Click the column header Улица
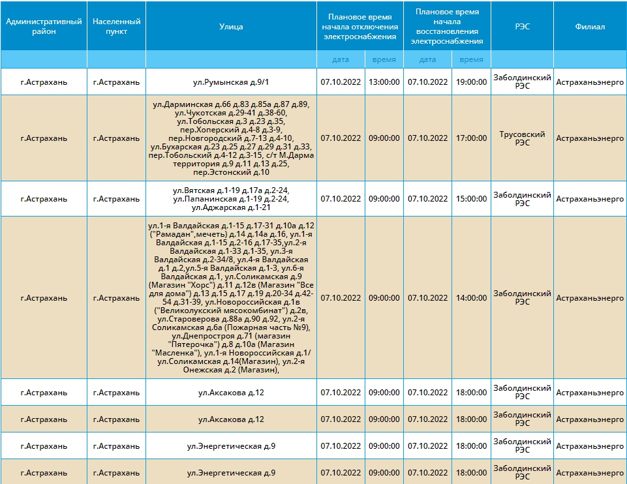pyautogui.click(x=231, y=27)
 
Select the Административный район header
pyautogui.click(x=44, y=26)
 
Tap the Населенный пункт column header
pyautogui.click(x=116, y=26)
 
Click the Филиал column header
pyautogui.click(x=590, y=27)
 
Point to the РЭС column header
pyautogui.click(x=522, y=27)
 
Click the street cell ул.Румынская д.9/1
pyautogui.click(x=231, y=82)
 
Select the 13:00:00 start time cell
pyautogui.click(x=384, y=82)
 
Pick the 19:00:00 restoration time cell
pyautogui.click(x=472, y=82)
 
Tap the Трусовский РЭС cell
pyautogui.click(x=522, y=138)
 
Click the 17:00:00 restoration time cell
pyautogui.click(x=472, y=138)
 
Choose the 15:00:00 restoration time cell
pyautogui.click(x=472, y=199)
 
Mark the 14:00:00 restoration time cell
pyautogui.click(x=472, y=297)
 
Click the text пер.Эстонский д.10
pyautogui.click(x=231, y=172)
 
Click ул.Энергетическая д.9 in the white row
pyautogui.click(x=231, y=446)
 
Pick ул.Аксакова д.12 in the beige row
pyautogui.click(x=231, y=419)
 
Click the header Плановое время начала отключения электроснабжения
pyautogui.click(x=360, y=27)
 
